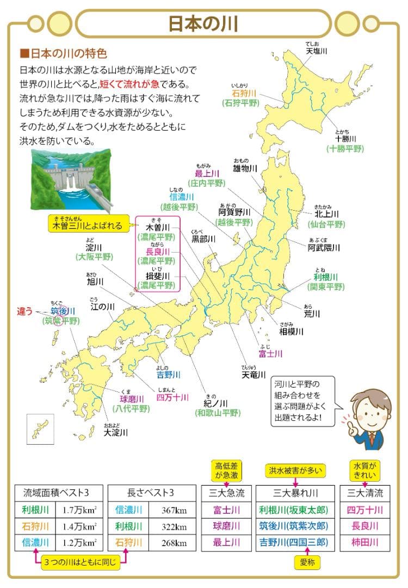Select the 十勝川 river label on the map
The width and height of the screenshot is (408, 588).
(x=345, y=138)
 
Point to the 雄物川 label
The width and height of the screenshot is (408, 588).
(x=244, y=169)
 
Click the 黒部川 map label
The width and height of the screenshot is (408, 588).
(x=203, y=238)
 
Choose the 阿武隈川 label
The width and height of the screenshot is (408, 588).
(x=323, y=247)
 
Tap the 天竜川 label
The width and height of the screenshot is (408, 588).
(x=254, y=375)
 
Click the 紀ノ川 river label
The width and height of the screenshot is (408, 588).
(x=215, y=403)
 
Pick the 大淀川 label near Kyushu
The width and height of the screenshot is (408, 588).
(x=116, y=433)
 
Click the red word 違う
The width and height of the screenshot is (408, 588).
(x=25, y=311)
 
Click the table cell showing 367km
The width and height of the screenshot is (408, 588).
(x=174, y=511)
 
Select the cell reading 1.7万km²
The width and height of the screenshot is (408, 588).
(x=79, y=511)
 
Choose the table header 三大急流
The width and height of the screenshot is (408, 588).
(x=227, y=493)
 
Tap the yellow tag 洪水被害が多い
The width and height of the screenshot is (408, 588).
(x=294, y=470)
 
